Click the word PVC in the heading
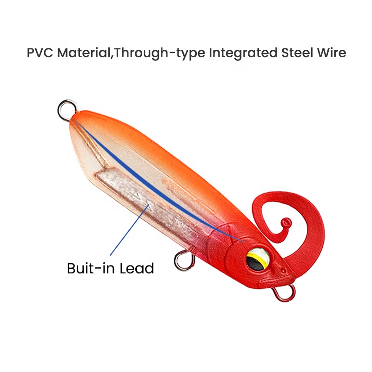click(40, 53)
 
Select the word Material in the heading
click(84, 53)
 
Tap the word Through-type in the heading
click(159, 53)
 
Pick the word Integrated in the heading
click(243, 53)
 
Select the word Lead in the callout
click(137, 268)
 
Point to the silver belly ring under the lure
click(176, 261)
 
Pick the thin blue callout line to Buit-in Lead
click(130, 230)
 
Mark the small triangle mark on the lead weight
click(149, 204)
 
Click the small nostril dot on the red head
click(283, 271)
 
